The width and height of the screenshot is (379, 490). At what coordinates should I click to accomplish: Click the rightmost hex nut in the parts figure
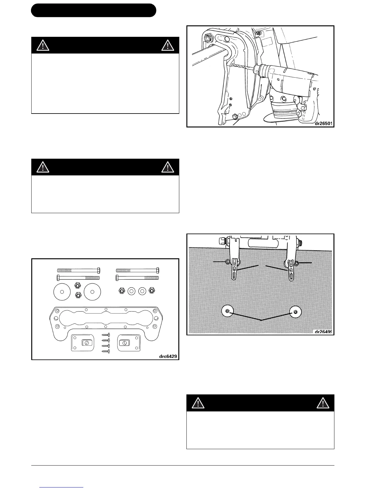[x=151, y=290]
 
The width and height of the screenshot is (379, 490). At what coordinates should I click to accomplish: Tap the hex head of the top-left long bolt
[x=98, y=270]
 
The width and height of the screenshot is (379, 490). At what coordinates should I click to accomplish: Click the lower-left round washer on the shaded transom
[x=227, y=311]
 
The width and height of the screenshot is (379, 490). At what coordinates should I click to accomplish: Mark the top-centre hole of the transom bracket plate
[x=106, y=309]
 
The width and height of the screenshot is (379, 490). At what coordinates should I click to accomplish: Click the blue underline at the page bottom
[x=62, y=487]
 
